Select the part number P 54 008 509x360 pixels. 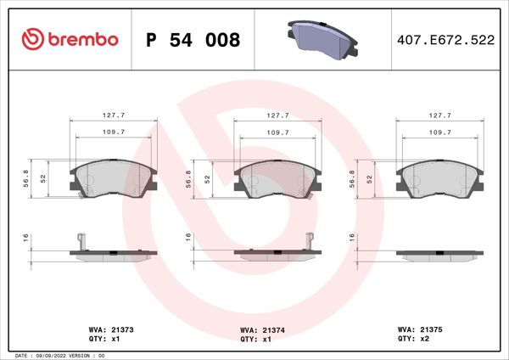(193, 40)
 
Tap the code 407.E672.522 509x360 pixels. (445, 40)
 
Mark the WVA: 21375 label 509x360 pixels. (417, 329)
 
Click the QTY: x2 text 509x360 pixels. (412, 338)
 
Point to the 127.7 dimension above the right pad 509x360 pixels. (439, 115)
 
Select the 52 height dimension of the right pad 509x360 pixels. (370, 179)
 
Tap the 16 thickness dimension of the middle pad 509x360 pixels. (188, 239)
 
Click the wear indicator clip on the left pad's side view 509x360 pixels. (79, 240)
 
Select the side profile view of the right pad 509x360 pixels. (439, 252)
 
